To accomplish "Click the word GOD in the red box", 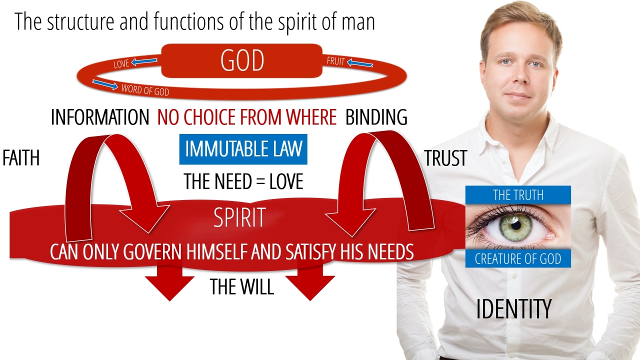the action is [x=242, y=60].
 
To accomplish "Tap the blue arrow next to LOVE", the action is [x=144, y=61].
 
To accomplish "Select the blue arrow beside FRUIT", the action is [x=360, y=63].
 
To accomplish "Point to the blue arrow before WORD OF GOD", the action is [x=105, y=84].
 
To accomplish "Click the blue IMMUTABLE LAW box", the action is [x=243, y=149].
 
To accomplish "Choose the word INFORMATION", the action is [x=100, y=117].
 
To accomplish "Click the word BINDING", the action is [x=376, y=117].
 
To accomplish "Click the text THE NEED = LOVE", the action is [x=243, y=181].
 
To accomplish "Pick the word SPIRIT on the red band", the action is [x=239, y=217].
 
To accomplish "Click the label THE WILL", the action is [x=242, y=286].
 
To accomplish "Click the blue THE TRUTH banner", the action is [x=518, y=195].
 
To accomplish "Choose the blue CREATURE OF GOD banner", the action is [x=518, y=258].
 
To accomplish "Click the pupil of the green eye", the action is [x=516, y=225].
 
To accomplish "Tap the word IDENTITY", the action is [x=513, y=309].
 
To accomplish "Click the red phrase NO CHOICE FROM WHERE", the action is [x=247, y=117].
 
